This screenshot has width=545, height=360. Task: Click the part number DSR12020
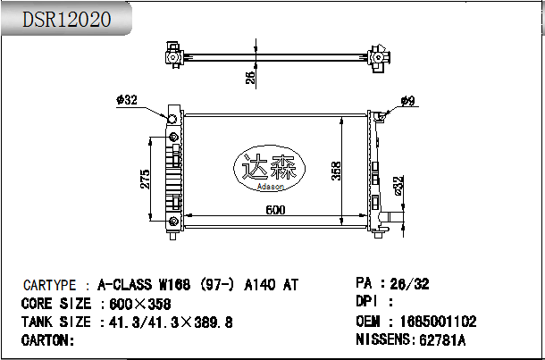point(67,19)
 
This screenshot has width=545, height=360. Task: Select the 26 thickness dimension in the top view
point(250,76)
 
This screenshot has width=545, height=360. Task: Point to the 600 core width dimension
point(275,210)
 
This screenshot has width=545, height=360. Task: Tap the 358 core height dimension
point(336,171)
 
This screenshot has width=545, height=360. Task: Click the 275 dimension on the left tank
point(145,179)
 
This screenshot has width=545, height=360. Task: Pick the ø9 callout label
point(407,101)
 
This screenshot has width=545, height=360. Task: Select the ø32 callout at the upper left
point(127,100)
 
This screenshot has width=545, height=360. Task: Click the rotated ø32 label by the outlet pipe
point(398,186)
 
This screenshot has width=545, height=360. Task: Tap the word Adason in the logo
point(271,187)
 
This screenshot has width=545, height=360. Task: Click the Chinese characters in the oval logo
point(269,167)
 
